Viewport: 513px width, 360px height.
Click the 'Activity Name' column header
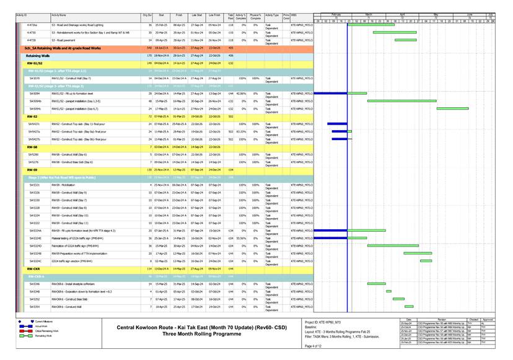[59, 14]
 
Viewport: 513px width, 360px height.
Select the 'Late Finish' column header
[215, 14]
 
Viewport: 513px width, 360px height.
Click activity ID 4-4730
[31, 32]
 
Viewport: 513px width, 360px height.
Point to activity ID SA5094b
[35, 100]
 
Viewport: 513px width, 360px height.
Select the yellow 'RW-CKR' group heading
[33, 270]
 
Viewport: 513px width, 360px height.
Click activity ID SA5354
[34, 306]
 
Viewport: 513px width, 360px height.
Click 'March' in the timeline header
[368, 14]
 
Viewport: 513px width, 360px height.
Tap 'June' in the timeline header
[470, 14]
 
